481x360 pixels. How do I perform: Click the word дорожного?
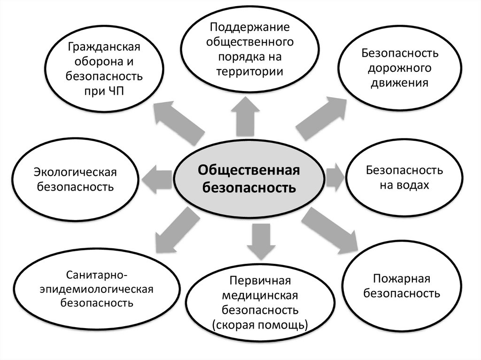click(400, 68)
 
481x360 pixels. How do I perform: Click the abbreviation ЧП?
click(115, 91)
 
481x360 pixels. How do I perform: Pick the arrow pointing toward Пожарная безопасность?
click(329, 230)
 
